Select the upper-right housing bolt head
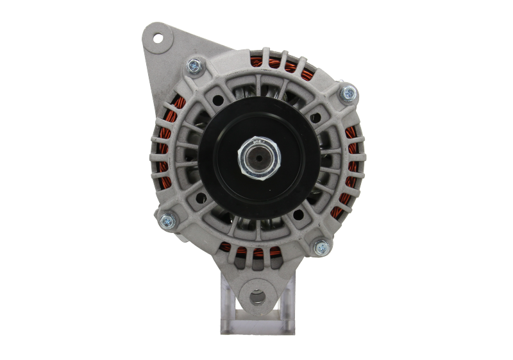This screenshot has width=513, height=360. (348, 92)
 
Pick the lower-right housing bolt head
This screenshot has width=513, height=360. (319, 246)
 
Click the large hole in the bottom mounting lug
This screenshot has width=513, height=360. (256, 298)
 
